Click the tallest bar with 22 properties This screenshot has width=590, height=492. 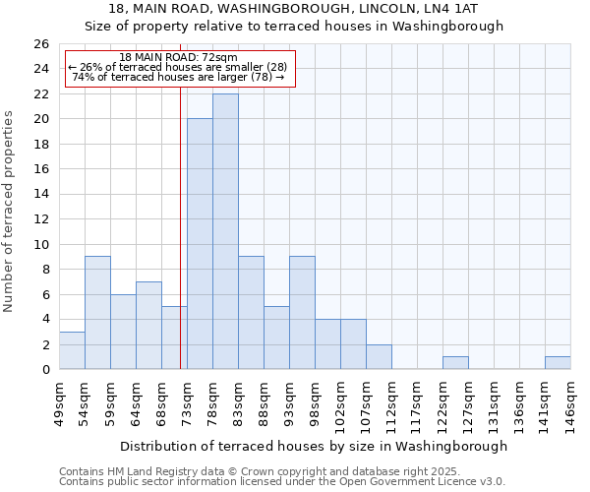coord(225,231)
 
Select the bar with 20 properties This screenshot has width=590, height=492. coord(200,244)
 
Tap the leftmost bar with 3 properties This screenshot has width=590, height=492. coord(72,350)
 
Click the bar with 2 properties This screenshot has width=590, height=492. coord(379,357)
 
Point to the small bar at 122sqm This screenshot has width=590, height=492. coord(455,363)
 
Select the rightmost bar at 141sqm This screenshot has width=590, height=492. coord(558,363)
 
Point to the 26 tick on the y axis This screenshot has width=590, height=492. coord(41,44)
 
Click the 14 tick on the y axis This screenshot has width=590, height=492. coord(41,195)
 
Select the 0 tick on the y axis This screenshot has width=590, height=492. coord(45,370)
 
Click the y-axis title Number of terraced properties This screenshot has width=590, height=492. coord(9,212)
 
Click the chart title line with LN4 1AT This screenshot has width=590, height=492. coord(294,9)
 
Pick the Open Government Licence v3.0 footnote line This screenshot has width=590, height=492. coord(282,482)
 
